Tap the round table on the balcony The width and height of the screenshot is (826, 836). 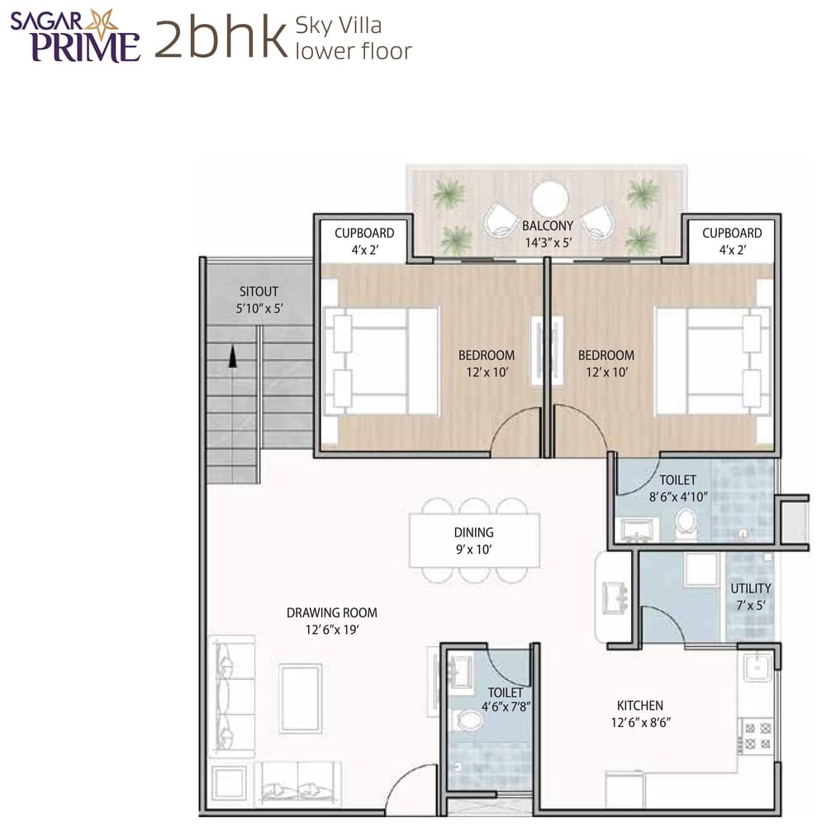click(549, 199)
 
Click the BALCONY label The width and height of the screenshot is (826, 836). click(547, 225)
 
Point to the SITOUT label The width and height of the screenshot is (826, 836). click(259, 291)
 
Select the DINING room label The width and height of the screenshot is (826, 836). click(473, 532)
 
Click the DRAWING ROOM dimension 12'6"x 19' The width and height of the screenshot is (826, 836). click(332, 629)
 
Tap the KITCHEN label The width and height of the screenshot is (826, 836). click(640, 706)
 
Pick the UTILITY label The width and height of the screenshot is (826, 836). click(750, 588)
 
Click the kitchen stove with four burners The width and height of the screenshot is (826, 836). click(757, 734)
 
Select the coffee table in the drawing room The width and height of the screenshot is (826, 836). click(300, 697)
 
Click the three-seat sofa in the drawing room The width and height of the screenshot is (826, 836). click(230, 695)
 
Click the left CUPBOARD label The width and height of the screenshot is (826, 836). click(364, 234)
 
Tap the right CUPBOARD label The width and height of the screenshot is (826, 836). click(732, 234)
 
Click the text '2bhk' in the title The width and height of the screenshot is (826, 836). click(219, 39)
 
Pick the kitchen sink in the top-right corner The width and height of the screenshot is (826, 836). click(757, 665)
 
